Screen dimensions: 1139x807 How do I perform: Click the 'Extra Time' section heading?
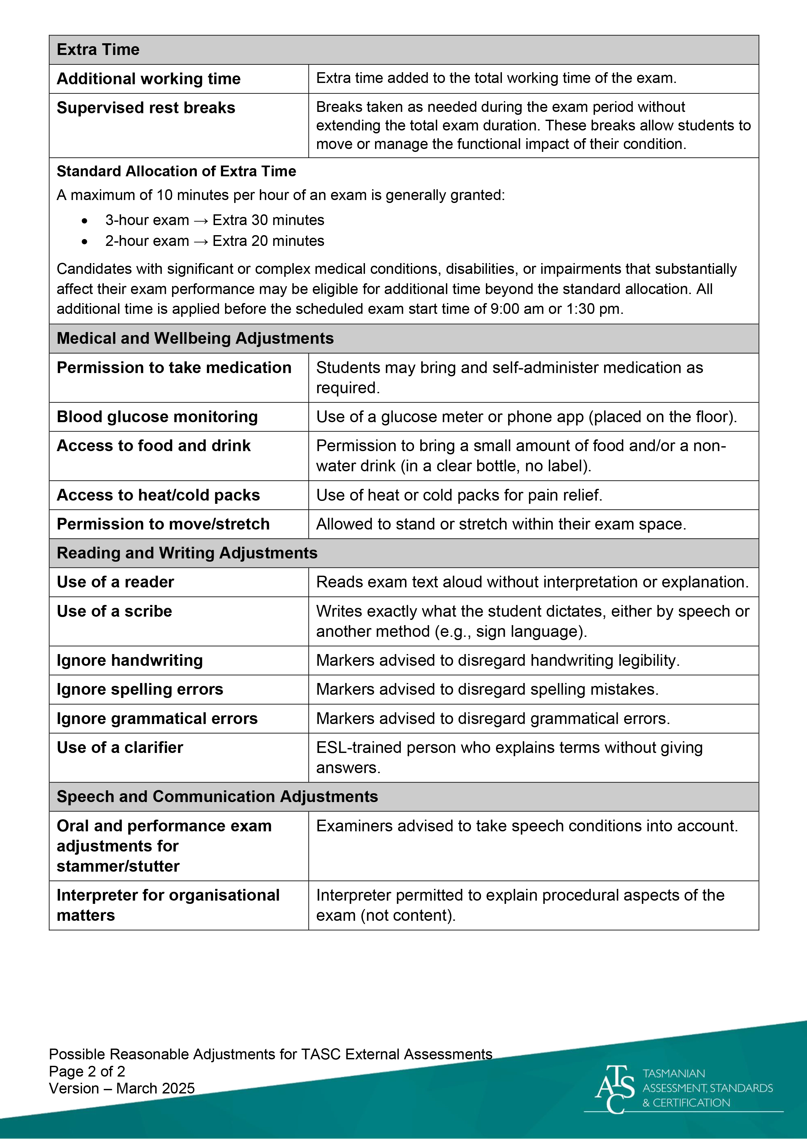pyautogui.click(x=98, y=50)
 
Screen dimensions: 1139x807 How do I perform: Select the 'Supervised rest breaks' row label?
pyautogui.click(x=146, y=108)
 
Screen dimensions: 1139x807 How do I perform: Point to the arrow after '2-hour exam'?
pyautogui.click(x=201, y=241)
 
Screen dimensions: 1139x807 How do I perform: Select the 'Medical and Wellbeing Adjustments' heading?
pyautogui.click(x=195, y=338)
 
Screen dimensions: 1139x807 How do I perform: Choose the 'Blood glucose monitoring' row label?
pyautogui.click(x=157, y=417)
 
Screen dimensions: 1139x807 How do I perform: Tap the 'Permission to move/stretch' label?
pyautogui.click(x=163, y=524)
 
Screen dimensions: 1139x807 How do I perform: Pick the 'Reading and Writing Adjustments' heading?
pyautogui.click(x=187, y=553)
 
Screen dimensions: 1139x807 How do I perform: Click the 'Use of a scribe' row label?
pyautogui.click(x=114, y=611)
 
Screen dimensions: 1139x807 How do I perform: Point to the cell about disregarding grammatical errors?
pyautogui.click(x=492, y=719)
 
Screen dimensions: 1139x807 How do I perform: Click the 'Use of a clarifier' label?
pyautogui.click(x=120, y=748)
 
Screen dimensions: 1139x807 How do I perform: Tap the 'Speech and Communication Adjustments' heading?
pyautogui.click(x=217, y=797)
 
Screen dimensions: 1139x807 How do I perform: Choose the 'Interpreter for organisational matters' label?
pyautogui.click(x=168, y=905)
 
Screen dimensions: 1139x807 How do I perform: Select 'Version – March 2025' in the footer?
pyautogui.click(x=122, y=1088)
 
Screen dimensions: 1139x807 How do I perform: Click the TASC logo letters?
pyautogui.click(x=615, y=1089)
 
